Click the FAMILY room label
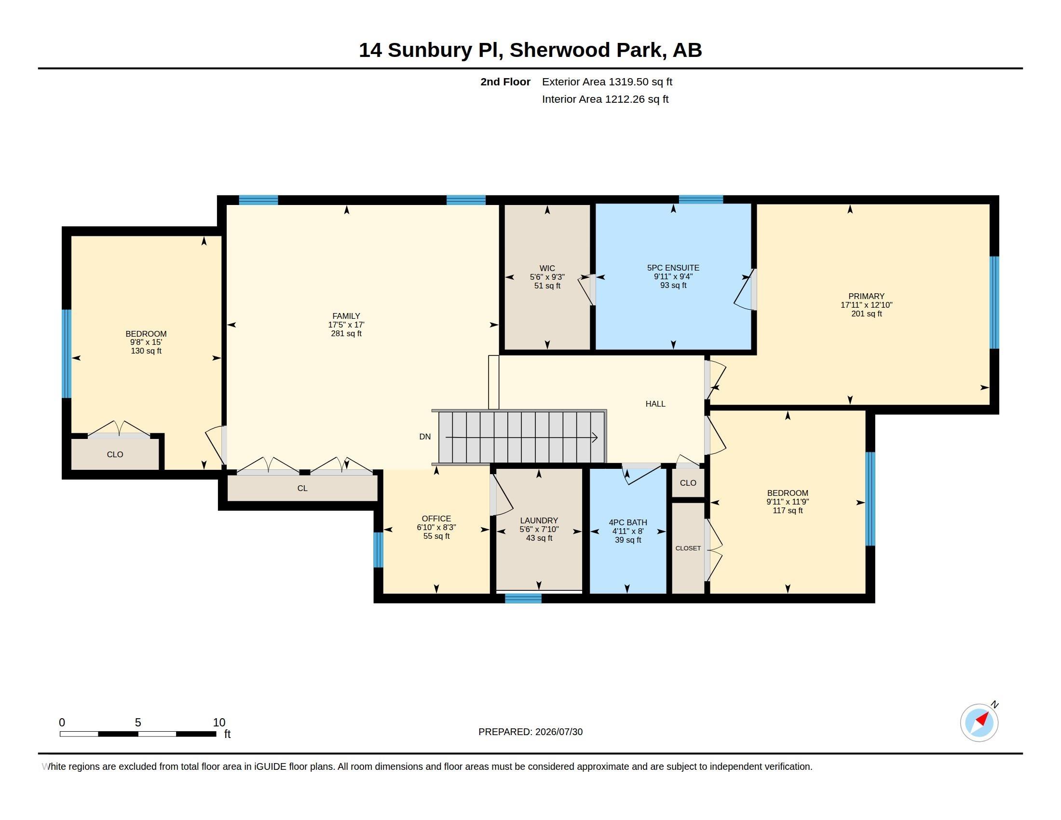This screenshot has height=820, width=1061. pyautogui.click(x=346, y=316)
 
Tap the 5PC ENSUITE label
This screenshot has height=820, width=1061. pyautogui.click(x=673, y=268)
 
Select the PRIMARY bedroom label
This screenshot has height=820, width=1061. pyautogui.click(x=866, y=296)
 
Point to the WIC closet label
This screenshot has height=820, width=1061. pyautogui.click(x=547, y=268)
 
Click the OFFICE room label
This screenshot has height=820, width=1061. pyautogui.click(x=436, y=519)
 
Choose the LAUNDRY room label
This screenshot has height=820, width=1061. pyautogui.click(x=539, y=521)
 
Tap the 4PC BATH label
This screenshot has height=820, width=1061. pyautogui.click(x=627, y=523)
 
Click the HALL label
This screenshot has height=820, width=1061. pyautogui.click(x=655, y=404)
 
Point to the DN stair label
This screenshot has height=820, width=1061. pyautogui.click(x=424, y=437)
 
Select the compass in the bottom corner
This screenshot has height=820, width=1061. pyautogui.click(x=979, y=723)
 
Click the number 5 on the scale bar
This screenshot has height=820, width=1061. pyautogui.click(x=138, y=723)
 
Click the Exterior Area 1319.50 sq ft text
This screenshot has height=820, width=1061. pyautogui.click(x=607, y=82)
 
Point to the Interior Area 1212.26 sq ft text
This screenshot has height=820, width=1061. pyautogui.click(x=605, y=99)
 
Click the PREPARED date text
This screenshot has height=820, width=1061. pyautogui.click(x=530, y=732)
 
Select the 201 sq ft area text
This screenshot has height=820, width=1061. pyautogui.click(x=866, y=314)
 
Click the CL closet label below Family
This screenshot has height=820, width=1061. pyautogui.click(x=302, y=488)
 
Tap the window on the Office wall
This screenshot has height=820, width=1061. pyautogui.click(x=378, y=549)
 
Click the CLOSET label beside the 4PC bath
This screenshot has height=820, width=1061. pyautogui.click(x=688, y=548)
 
